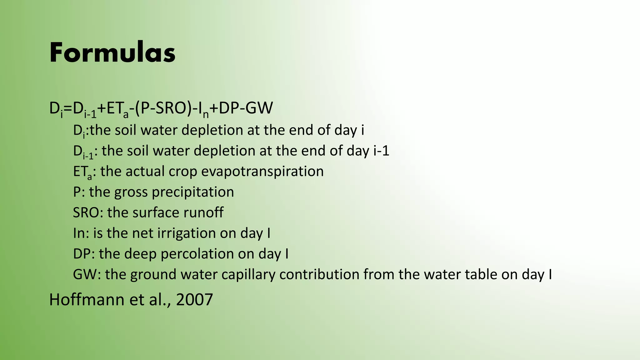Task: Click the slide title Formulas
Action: (x=112, y=52)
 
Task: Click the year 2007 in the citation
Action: (x=194, y=299)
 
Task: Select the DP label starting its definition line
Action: (x=82, y=254)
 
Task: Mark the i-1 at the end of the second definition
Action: (x=381, y=151)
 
